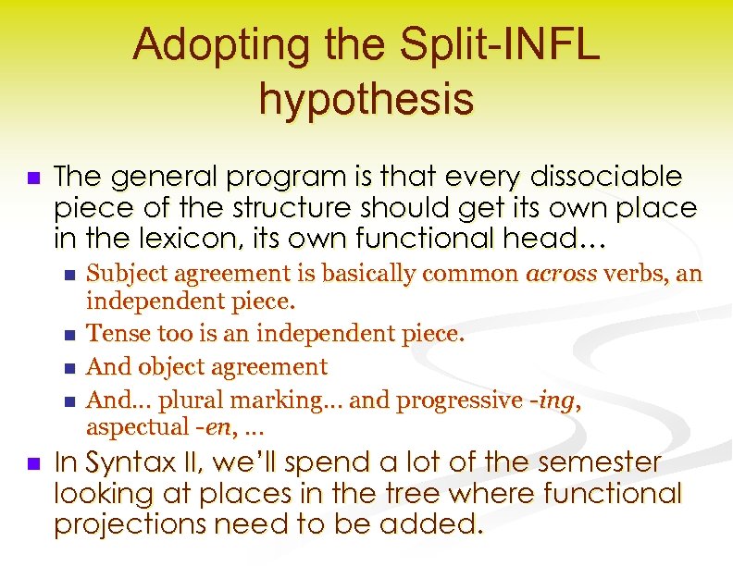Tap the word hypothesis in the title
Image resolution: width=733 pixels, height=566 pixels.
[366, 99]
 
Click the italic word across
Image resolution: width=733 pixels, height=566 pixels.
[561, 274]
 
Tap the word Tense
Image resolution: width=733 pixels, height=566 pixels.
[114, 334]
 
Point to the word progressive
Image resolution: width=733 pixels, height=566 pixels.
[469, 400]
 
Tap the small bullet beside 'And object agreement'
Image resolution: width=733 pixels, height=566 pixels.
[72, 368]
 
